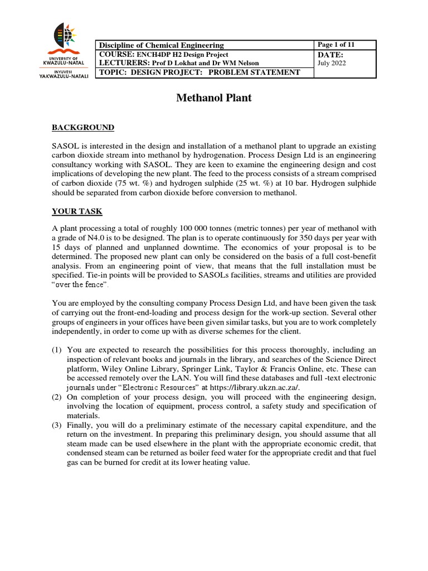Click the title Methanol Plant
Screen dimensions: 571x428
point(214,98)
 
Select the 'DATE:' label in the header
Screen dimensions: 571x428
point(330,54)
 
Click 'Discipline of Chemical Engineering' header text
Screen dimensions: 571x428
point(160,45)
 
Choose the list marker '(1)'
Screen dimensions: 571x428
point(57,350)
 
